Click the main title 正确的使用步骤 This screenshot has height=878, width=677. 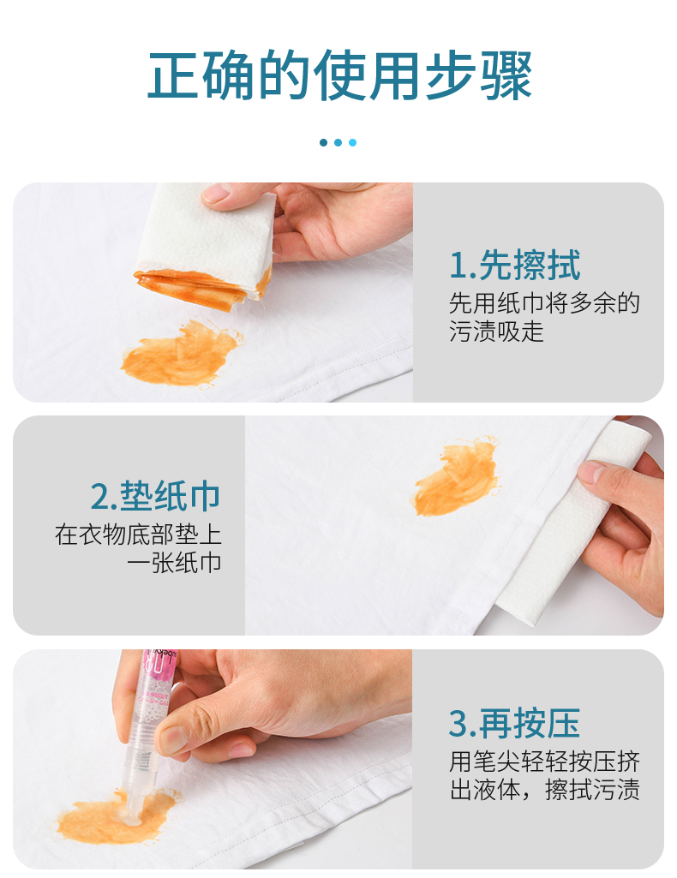pos(338,75)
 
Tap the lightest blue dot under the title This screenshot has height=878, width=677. pos(352,143)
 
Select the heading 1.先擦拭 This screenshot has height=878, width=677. pos(515,265)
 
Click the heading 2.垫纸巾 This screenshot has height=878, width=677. pos(156,496)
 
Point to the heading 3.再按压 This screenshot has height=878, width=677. pos(514,723)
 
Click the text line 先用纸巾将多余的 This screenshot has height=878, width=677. pos(544,303)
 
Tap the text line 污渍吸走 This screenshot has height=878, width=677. pos(497,331)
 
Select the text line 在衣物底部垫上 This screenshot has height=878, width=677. pos(138,535)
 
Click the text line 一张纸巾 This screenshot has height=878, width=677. pos(174,562)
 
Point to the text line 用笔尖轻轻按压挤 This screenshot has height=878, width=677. pos(544,762)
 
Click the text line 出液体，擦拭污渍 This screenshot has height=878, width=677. pos(544,790)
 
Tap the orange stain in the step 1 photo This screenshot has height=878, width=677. pos(180,354)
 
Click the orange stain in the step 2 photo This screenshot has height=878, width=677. pos(457,476)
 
